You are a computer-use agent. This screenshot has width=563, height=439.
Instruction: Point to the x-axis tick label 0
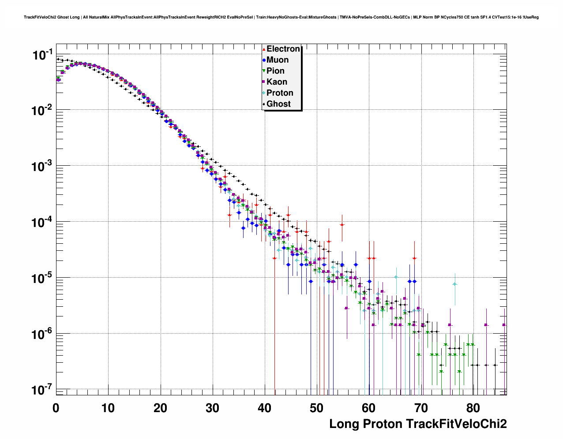(56, 408)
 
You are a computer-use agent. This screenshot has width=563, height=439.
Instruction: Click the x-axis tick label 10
(108, 408)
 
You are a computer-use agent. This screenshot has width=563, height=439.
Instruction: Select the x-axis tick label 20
(160, 408)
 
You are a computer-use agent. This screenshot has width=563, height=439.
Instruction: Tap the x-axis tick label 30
(212, 408)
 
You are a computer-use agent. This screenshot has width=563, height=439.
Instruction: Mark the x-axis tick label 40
(265, 408)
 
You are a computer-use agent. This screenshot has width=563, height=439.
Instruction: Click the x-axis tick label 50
(317, 408)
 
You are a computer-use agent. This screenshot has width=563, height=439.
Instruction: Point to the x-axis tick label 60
(369, 408)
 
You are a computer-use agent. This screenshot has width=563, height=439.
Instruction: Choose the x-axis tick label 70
(421, 408)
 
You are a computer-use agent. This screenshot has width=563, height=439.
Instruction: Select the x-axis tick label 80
(473, 408)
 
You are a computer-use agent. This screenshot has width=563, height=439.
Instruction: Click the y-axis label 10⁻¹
(43, 55)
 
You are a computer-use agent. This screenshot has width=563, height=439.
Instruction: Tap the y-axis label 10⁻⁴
(43, 222)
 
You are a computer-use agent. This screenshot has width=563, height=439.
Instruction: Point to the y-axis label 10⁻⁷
(43, 390)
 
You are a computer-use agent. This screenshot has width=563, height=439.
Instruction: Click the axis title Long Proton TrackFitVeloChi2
(418, 424)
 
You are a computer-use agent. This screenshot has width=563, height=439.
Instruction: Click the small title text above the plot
(281, 17)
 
